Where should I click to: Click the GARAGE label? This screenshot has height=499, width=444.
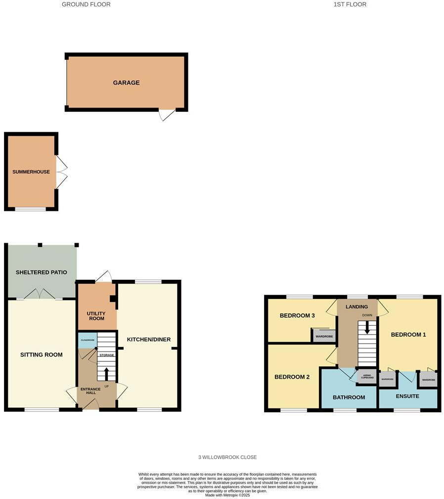(126, 83)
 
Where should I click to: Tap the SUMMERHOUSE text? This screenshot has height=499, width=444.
(31, 172)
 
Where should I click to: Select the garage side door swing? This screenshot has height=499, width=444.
(167, 115)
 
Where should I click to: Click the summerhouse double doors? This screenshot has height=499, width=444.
(61, 172)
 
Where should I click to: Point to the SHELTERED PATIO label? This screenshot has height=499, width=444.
(41, 272)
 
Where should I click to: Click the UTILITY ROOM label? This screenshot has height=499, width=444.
(96, 316)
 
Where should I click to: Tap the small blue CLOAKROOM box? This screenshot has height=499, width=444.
(87, 340)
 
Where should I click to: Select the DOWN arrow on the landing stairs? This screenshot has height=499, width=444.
(366, 328)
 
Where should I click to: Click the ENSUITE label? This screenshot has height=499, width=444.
(407, 396)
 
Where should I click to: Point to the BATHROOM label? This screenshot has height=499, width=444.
(349, 397)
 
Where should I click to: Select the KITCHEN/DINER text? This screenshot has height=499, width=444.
(149, 339)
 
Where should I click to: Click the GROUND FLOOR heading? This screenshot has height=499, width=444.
(86, 4)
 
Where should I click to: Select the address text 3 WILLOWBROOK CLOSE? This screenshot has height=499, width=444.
(225, 457)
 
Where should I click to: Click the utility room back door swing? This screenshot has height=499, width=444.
(103, 276)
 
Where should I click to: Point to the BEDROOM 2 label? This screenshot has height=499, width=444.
(292, 377)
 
